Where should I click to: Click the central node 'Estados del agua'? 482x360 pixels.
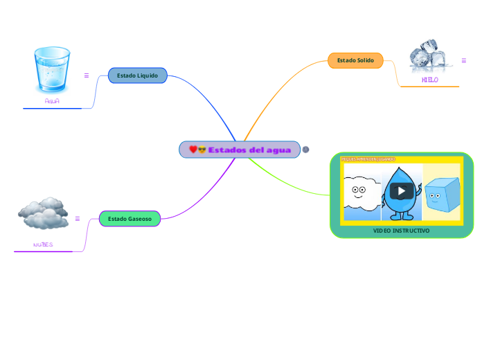click(240, 150)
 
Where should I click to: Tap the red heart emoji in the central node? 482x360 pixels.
click(193, 150)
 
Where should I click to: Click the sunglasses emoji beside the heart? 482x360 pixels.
click(202, 150)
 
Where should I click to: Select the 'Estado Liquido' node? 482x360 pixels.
click(137, 75)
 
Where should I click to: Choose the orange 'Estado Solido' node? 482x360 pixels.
click(355, 61)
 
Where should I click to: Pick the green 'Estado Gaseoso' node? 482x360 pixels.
click(130, 219)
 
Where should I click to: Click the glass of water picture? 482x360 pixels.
click(52, 69)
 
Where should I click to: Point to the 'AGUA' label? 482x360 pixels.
click(52, 101)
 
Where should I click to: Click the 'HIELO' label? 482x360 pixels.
click(429, 80)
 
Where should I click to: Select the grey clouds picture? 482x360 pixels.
click(43, 214)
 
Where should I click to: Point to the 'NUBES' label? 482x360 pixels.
click(43, 245)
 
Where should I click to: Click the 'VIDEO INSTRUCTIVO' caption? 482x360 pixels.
click(402, 231)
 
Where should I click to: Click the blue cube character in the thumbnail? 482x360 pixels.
click(441, 195)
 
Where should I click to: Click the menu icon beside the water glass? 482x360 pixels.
click(87, 75)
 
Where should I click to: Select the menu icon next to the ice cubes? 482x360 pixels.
click(464, 61)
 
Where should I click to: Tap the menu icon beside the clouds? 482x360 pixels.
click(78, 219)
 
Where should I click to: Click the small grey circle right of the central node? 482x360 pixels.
click(305, 150)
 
